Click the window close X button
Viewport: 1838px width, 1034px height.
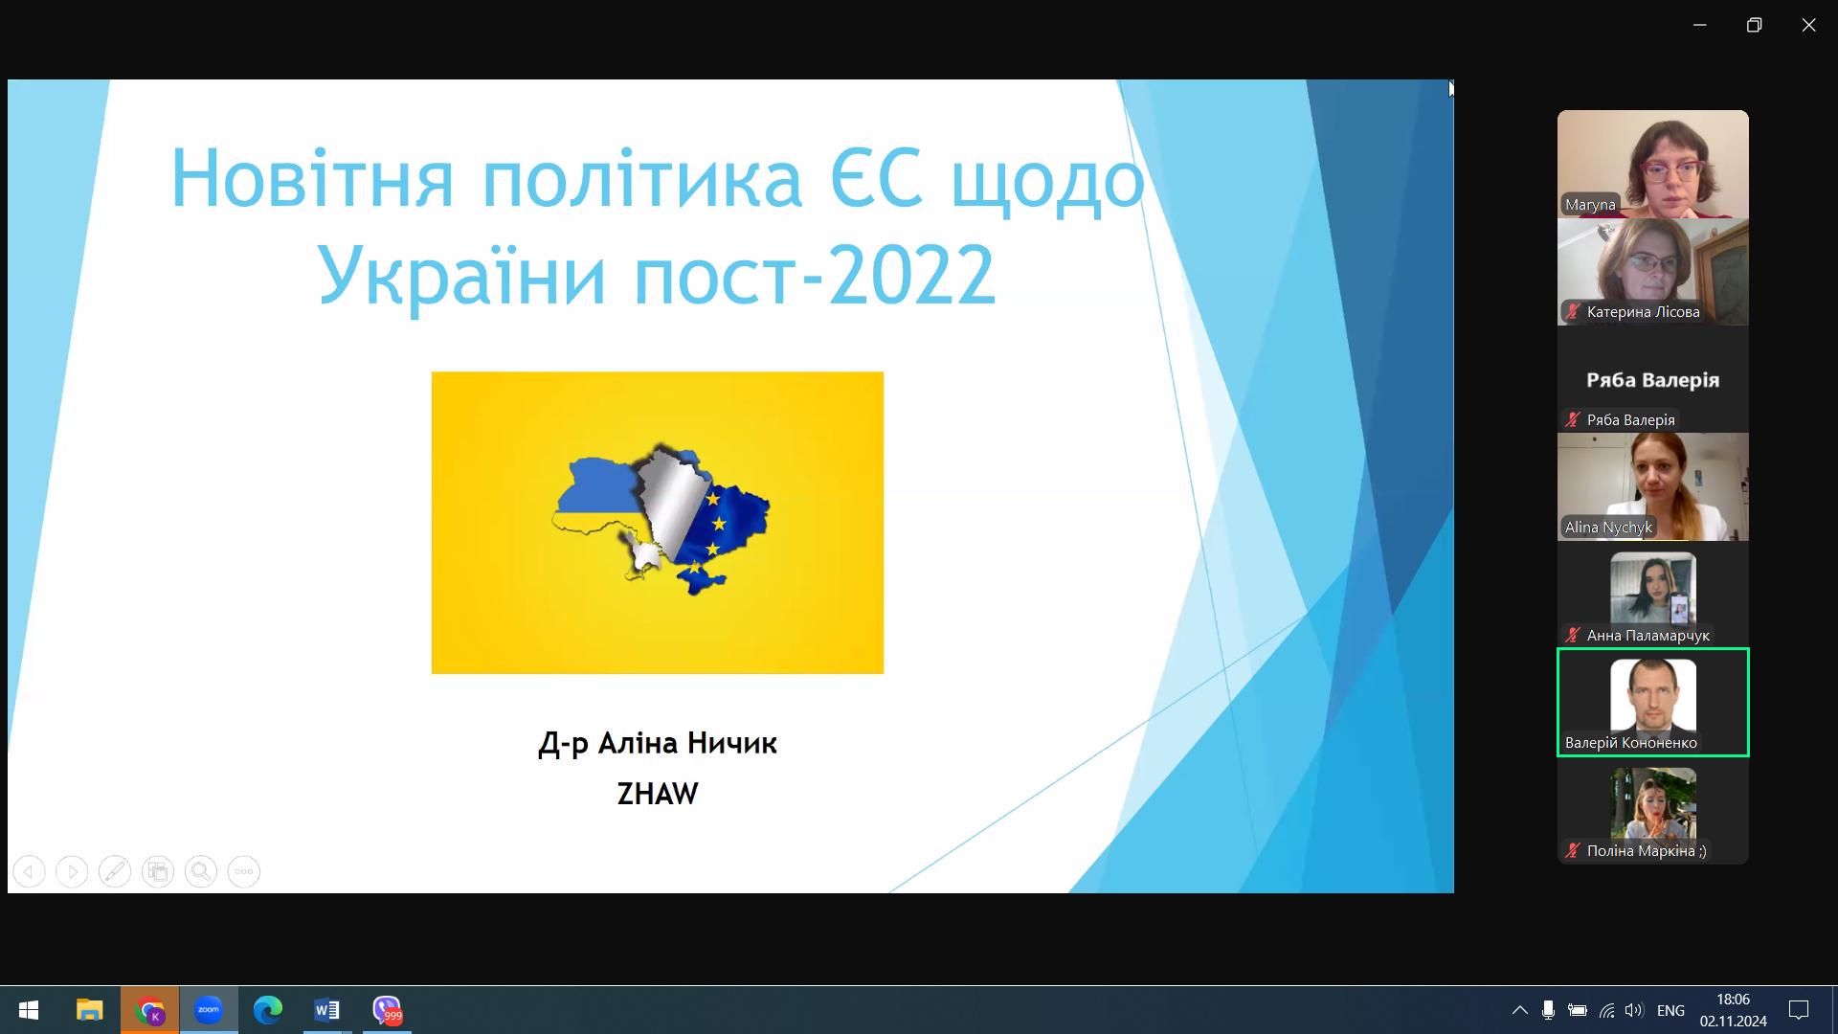(1808, 25)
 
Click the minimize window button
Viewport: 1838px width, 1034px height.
(1700, 25)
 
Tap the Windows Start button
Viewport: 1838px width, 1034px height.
(29, 1010)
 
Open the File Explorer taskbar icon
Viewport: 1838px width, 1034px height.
(90, 1010)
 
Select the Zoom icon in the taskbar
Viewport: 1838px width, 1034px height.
(208, 1010)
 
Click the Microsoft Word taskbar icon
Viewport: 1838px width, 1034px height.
(326, 1010)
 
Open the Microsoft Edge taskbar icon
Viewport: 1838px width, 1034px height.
(268, 1010)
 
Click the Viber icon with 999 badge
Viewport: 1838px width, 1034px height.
(387, 1010)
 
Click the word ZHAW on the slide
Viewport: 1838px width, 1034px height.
(658, 794)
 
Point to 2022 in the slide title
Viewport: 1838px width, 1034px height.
(912, 275)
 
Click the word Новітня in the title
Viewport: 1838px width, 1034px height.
(312, 178)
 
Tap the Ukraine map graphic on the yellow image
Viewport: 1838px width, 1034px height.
(661, 518)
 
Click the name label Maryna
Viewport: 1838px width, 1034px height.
(1590, 204)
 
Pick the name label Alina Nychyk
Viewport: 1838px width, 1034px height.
(1608, 527)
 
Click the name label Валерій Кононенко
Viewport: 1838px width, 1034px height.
(1631, 742)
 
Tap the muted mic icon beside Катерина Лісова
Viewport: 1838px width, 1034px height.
(1573, 311)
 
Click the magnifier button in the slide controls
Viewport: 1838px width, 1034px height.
(201, 871)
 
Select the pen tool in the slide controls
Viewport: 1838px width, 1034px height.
(115, 871)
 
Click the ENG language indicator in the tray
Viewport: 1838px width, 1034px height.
(1670, 1010)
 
